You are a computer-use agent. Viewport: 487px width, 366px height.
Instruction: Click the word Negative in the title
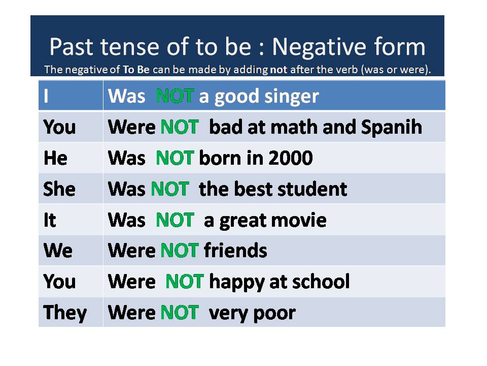[x=320, y=47]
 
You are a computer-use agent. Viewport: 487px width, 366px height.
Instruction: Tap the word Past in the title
[x=71, y=47]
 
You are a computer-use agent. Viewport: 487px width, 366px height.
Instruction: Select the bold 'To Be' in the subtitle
[x=136, y=70]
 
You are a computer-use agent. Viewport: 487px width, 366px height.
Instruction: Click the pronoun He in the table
[x=55, y=158]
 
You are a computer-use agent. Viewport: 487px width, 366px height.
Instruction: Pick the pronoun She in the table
[x=59, y=189]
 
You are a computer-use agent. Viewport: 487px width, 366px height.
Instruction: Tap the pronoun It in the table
[x=50, y=220]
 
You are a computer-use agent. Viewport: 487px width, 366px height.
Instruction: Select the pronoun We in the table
[x=58, y=251]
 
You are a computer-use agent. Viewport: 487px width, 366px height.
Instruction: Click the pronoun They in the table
[x=65, y=313]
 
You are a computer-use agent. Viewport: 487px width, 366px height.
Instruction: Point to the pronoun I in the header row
[x=46, y=96]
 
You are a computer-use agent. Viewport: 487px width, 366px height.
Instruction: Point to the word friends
[x=235, y=251]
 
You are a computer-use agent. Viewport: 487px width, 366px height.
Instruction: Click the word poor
[x=274, y=314]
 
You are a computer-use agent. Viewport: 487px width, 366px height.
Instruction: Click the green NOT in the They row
[x=180, y=313]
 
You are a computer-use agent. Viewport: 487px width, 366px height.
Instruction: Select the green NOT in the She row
[x=169, y=189]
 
